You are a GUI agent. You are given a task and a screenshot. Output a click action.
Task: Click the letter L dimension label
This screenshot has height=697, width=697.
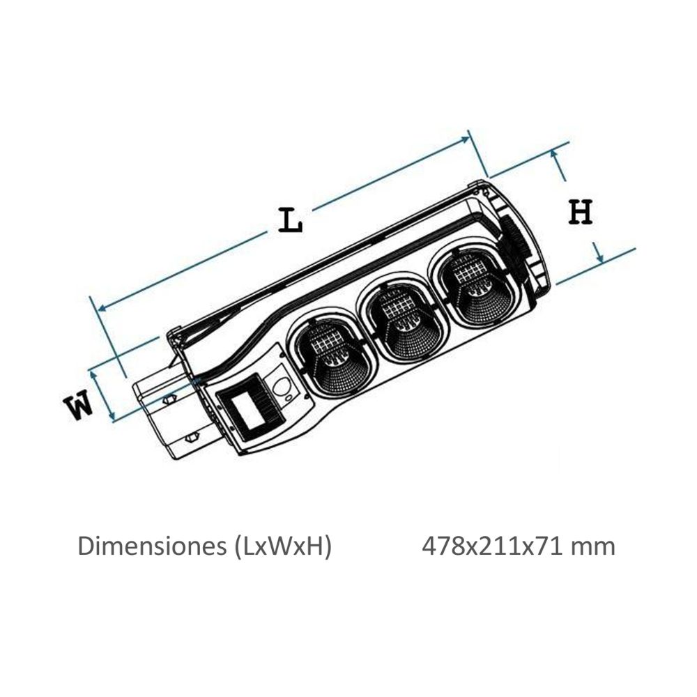290,220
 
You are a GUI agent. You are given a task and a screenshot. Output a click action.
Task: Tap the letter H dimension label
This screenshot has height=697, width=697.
581,212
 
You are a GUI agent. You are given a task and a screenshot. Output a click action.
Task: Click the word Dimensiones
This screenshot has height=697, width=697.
152,546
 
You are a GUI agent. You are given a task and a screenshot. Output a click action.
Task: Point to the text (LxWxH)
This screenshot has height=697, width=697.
282,546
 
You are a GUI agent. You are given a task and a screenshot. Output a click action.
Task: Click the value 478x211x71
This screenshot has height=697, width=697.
493,546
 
